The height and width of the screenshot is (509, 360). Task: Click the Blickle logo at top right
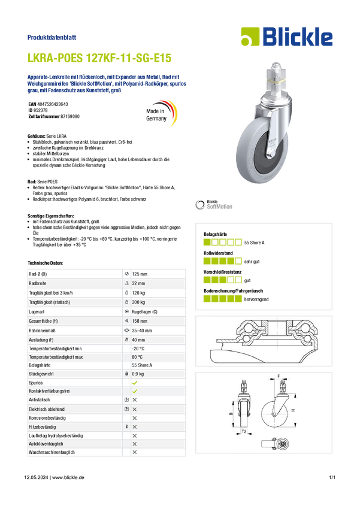tap(287, 37)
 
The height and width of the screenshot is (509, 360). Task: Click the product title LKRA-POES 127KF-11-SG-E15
tap(99, 57)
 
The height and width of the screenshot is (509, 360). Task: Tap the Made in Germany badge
tap(161, 114)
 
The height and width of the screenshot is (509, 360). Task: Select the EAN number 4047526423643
tap(53, 104)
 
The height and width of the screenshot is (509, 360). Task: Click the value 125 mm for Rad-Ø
tap(140, 274)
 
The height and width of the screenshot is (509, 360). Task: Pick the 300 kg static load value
tap(138, 302)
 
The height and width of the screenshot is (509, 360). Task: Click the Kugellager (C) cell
tap(144, 311)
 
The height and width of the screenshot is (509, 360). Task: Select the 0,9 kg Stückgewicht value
tap(138, 374)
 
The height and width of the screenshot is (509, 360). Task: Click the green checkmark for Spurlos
tap(134, 383)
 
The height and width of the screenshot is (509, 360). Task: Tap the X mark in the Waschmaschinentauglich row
tap(134, 452)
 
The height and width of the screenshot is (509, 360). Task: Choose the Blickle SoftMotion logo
tap(214, 205)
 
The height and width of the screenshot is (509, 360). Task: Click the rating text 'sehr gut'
tap(252, 262)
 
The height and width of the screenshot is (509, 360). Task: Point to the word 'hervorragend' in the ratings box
tap(256, 299)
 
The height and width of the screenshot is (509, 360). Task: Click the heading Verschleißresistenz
tap(222, 272)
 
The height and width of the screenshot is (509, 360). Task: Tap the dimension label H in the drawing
tap(293, 410)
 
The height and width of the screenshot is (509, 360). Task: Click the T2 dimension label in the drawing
tap(244, 431)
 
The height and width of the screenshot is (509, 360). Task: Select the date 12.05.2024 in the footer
tap(36, 477)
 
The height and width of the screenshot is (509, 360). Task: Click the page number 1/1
tap(332, 477)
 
